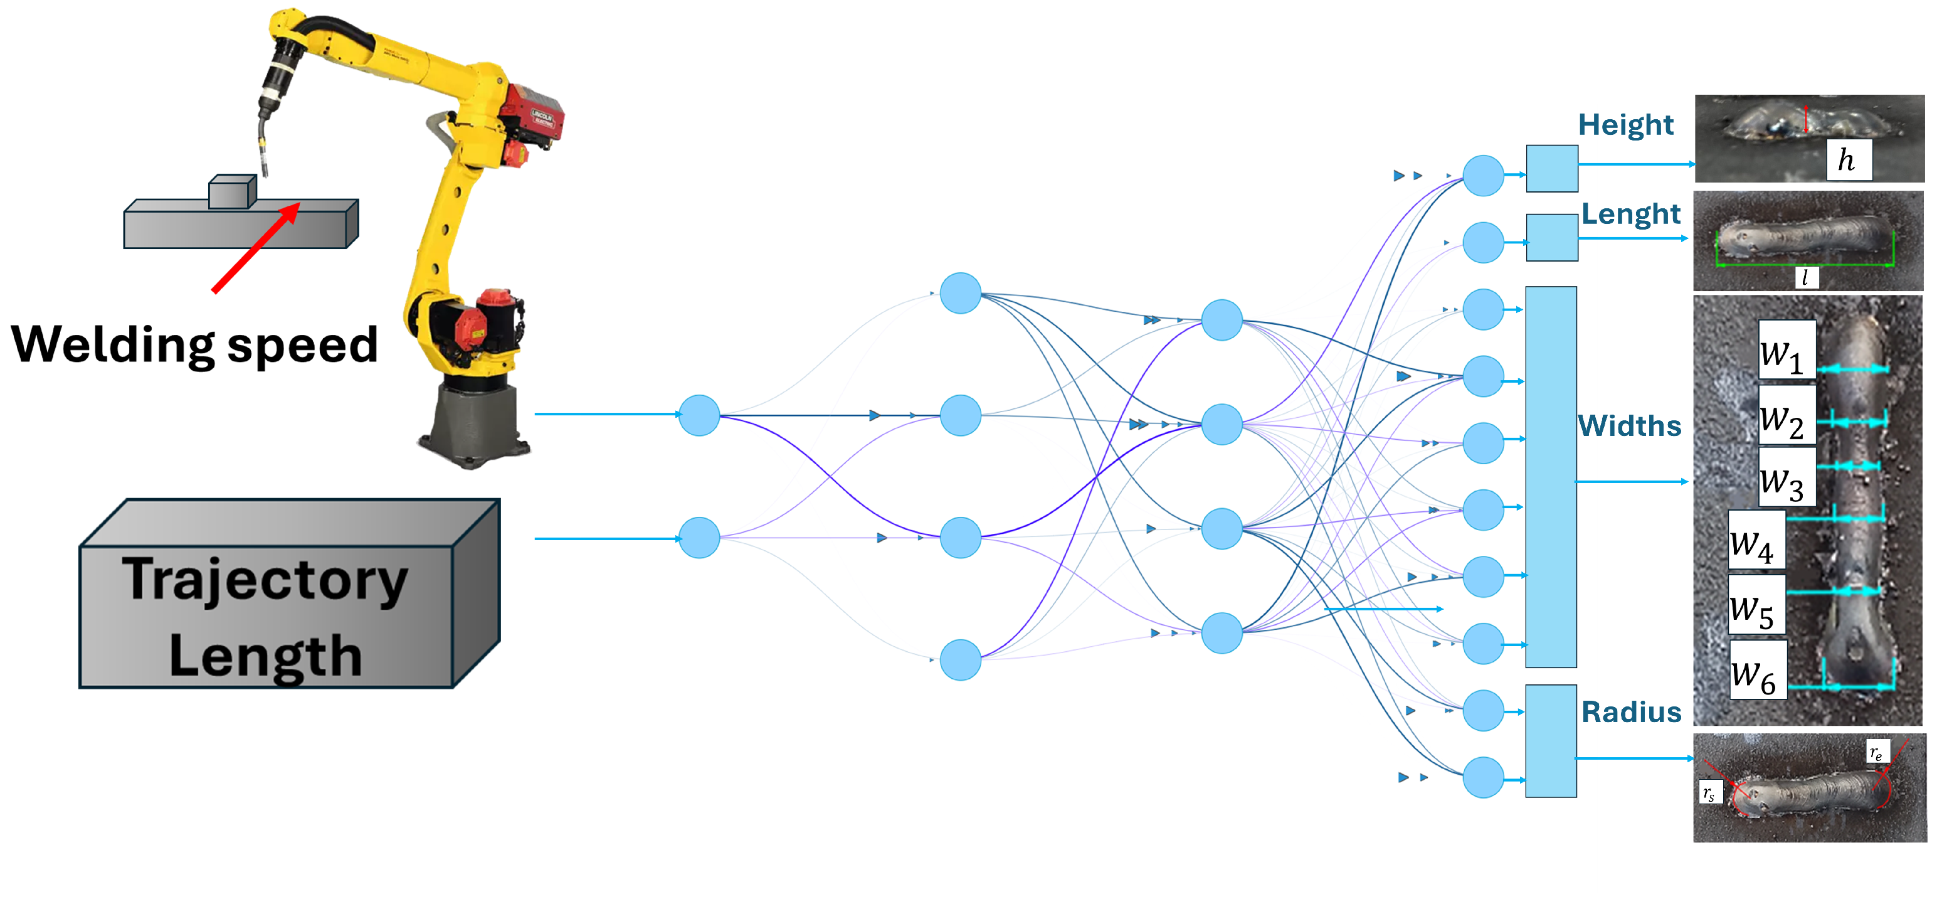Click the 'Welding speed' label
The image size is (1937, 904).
click(194, 345)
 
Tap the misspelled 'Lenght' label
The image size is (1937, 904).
click(1630, 215)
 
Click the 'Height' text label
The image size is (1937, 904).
click(1626, 125)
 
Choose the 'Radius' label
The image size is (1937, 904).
click(1631, 711)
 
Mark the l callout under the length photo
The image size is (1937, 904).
click(1805, 277)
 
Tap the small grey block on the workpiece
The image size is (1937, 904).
click(231, 192)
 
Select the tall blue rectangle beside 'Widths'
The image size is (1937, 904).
click(1551, 477)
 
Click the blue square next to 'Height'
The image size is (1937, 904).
click(1551, 169)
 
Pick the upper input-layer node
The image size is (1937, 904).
click(699, 415)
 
